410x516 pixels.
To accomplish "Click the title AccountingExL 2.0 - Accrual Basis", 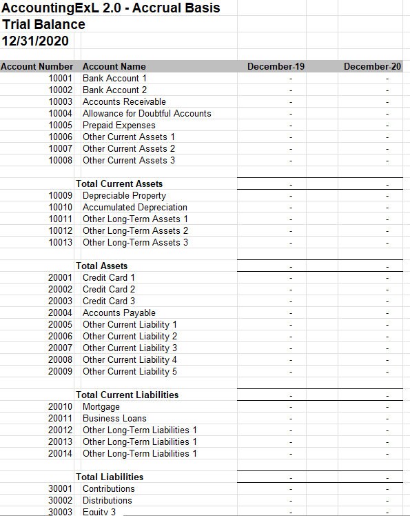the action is [111, 8].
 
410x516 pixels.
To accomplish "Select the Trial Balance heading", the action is [44, 25].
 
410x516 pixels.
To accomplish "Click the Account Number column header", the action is [37, 66].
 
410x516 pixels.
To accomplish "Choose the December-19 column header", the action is [276, 66].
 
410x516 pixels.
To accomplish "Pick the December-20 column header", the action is [372, 66].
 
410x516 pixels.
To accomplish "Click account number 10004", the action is [61, 113].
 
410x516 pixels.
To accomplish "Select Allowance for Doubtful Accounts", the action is [147, 113].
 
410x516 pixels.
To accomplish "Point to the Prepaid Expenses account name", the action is [119, 125].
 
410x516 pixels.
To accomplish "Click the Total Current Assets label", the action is [119, 183].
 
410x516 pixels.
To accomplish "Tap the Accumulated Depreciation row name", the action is [134, 207].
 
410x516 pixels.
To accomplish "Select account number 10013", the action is [61, 242].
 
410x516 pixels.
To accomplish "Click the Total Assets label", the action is [102, 266].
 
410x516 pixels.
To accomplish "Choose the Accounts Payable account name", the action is [119, 312].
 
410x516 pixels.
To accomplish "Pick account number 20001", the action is [61, 277].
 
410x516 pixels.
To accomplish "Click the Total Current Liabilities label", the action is [127, 395].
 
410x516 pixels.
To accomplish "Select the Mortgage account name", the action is [101, 406].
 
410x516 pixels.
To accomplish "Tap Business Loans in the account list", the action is [114, 418].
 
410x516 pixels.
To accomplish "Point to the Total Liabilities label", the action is [110, 477].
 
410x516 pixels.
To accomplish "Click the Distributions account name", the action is [107, 500].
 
